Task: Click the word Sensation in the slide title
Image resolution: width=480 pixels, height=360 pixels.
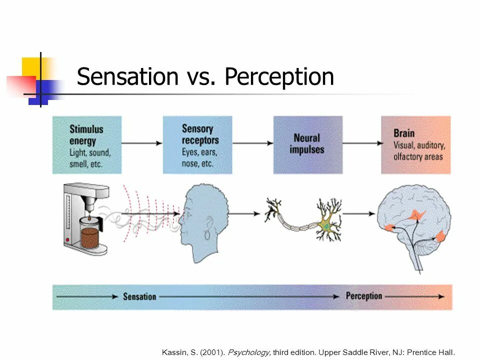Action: [127, 77]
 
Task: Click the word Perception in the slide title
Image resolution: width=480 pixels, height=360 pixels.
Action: [279, 77]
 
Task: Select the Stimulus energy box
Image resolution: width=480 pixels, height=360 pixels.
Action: [87, 145]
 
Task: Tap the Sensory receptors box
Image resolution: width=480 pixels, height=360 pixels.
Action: [197, 145]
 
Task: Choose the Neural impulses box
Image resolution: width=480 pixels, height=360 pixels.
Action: [308, 145]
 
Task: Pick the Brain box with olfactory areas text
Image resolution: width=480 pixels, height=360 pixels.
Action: [415, 145]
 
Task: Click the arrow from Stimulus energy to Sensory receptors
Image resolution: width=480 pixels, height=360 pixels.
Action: [142, 143]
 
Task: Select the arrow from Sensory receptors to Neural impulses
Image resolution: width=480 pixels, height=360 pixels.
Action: [252, 143]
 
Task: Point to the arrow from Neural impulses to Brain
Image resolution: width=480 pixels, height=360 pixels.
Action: [361, 143]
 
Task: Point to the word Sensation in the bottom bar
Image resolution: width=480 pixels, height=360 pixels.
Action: [139, 296]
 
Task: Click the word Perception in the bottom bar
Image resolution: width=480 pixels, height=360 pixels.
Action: [363, 296]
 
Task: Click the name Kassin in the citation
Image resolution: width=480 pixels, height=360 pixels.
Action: [173, 352]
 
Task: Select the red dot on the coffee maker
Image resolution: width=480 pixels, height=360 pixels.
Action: [68, 240]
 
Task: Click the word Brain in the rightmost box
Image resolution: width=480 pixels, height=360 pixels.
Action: [404, 133]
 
